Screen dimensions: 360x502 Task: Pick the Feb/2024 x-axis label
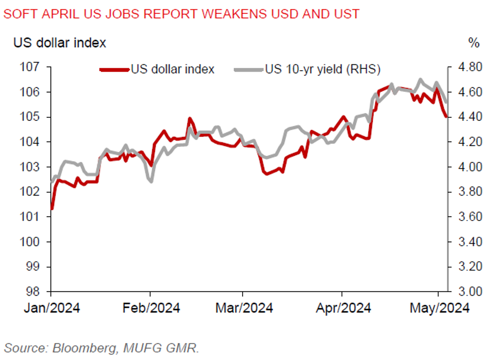coord(150,308)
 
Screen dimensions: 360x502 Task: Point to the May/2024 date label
coord(439,308)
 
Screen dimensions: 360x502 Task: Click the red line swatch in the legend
coord(114,69)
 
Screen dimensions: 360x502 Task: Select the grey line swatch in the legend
coord(249,69)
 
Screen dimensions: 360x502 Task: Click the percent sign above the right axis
coord(474,43)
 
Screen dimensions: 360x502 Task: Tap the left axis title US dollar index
coord(59,43)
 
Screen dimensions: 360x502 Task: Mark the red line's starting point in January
coord(52,209)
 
